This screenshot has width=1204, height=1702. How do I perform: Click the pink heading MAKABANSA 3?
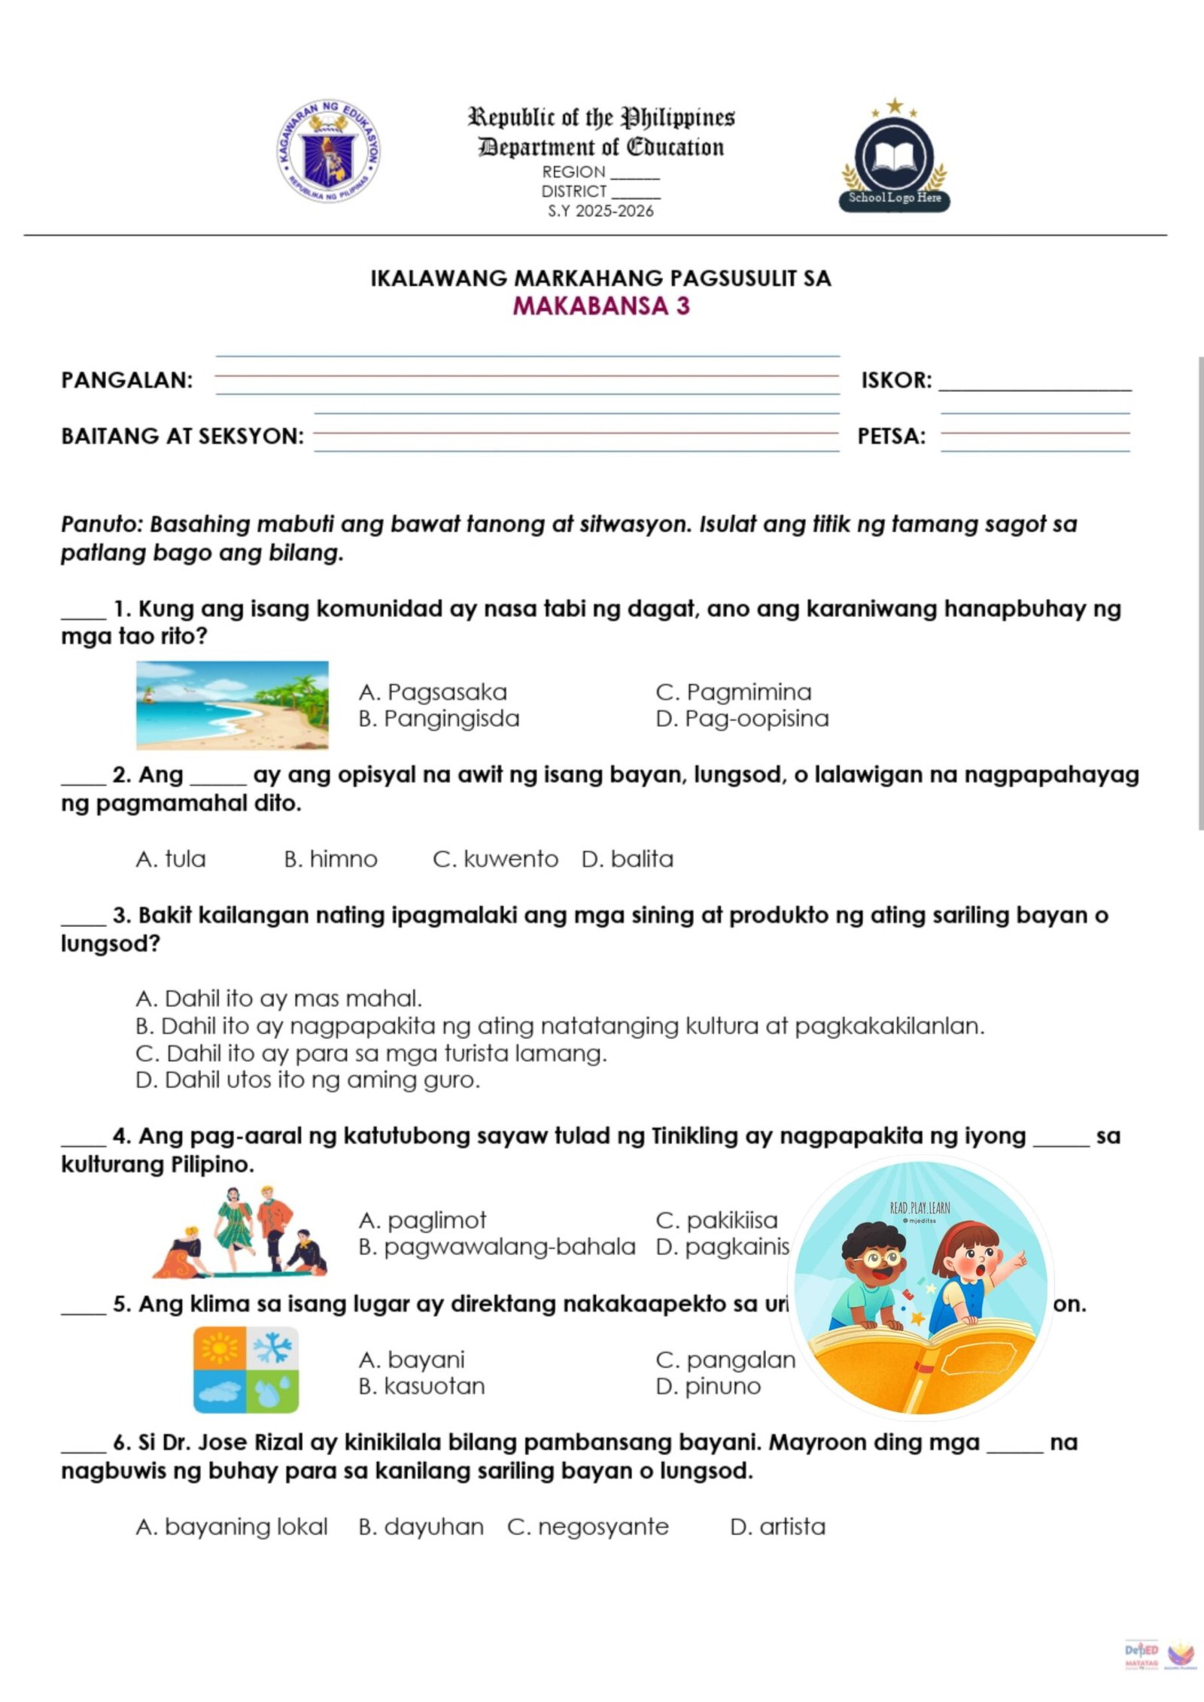point(601,306)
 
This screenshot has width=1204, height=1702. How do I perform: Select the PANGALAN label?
point(126,380)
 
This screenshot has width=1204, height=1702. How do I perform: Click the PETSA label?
point(892,436)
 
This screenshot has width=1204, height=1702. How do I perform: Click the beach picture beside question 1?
point(232,705)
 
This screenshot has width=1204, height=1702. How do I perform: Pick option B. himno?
point(330,859)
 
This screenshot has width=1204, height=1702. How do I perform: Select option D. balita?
point(627,859)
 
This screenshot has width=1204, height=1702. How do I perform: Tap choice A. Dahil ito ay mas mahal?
point(278,998)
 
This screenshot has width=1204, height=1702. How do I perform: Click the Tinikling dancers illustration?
point(239,1232)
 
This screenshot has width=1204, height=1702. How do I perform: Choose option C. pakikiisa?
point(716,1220)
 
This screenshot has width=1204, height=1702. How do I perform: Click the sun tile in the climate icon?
point(219,1348)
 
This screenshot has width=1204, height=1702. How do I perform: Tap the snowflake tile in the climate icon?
point(272,1348)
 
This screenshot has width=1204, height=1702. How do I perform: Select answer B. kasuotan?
point(421,1386)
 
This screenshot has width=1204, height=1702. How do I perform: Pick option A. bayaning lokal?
point(232,1527)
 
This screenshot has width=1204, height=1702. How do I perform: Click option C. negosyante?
point(588,1527)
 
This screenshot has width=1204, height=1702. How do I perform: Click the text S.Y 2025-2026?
point(600,211)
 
